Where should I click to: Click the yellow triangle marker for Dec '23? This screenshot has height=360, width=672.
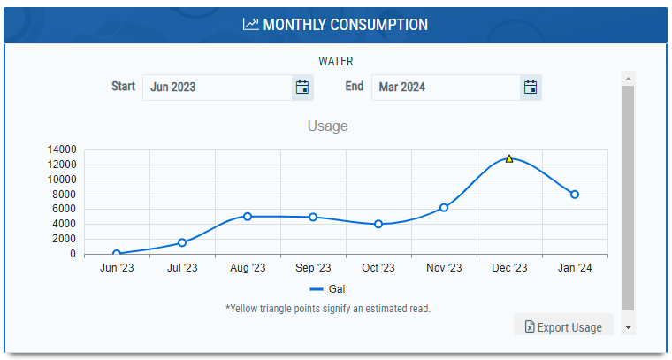tap(509, 159)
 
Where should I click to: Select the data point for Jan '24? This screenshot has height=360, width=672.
tap(575, 195)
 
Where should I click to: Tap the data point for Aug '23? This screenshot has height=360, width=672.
tap(248, 217)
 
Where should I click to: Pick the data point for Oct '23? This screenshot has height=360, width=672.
tap(378, 224)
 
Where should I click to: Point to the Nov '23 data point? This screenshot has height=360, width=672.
tap(444, 208)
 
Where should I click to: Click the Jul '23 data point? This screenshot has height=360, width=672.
tap(182, 242)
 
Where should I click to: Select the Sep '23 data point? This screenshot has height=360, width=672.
tap(313, 218)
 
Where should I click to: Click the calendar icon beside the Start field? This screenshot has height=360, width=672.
tap(302, 88)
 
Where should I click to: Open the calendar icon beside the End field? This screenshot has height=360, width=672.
tap(531, 88)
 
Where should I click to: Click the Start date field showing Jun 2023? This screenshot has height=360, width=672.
tap(218, 88)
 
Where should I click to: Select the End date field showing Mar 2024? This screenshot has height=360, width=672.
tap(446, 88)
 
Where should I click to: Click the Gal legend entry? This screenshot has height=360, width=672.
tap(327, 289)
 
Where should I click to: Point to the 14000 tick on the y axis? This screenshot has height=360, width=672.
tap(62, 149)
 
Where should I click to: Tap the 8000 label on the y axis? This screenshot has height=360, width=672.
tap(64, 195)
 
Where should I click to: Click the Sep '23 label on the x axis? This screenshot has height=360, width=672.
tap(313, 268)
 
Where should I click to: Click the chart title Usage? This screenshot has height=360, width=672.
tap(327, 126)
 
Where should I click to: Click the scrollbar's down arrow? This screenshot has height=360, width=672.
tap(629, 327)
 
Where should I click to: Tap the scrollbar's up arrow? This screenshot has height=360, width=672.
tap(629, 79)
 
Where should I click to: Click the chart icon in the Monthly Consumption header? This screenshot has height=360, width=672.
tap(251, 24)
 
